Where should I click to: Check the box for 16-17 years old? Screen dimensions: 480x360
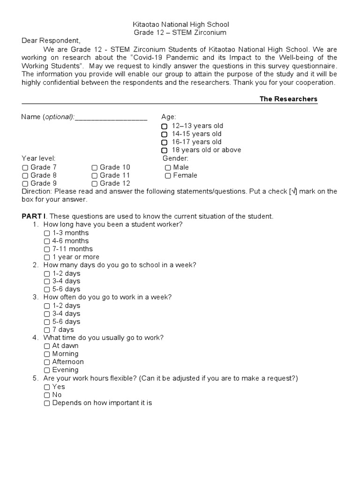[164, 142]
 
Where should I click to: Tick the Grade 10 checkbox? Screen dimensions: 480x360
[95, 167]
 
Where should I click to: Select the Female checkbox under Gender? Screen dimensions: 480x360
[168, 176]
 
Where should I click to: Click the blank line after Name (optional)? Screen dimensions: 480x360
[111, 117]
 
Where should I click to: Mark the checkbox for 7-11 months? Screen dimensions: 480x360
[47, 249]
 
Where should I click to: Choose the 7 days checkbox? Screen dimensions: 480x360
[47, 330]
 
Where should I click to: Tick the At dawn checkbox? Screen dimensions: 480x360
[47, 346]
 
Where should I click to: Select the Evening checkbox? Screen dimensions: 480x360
[47, 370]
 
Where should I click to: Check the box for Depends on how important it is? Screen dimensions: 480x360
[47, 403]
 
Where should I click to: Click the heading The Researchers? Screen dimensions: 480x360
[288, 99]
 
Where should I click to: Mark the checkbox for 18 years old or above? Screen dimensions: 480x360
[164, 150]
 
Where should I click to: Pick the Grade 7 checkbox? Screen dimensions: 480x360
[25, 167]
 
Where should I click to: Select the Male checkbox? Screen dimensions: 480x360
[168, 167]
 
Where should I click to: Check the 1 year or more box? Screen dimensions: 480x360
[47, 257]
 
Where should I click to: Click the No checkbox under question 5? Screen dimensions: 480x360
[47, 395]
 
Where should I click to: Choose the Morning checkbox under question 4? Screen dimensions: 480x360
[47, 354]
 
